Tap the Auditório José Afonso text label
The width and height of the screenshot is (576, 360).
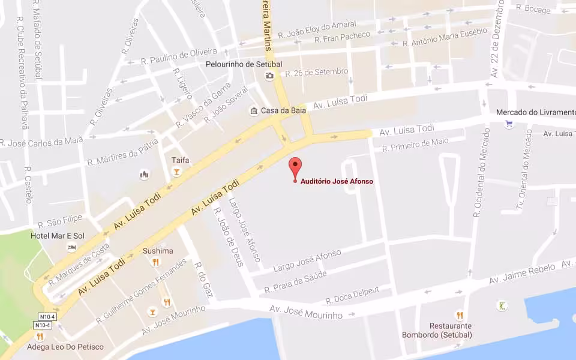(337, 181)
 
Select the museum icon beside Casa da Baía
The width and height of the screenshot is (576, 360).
(254, 111)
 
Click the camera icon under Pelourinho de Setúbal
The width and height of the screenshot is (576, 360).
(269, 75)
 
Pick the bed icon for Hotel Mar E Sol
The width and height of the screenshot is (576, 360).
(72, 247)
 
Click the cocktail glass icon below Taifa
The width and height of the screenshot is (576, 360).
(176, 172)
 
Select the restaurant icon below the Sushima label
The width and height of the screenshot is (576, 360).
(156, 262)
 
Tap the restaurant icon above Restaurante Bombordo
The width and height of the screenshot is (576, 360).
(460, 314)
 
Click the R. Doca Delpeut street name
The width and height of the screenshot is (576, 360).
(352, 295)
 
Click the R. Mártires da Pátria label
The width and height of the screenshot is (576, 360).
(122, 153)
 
